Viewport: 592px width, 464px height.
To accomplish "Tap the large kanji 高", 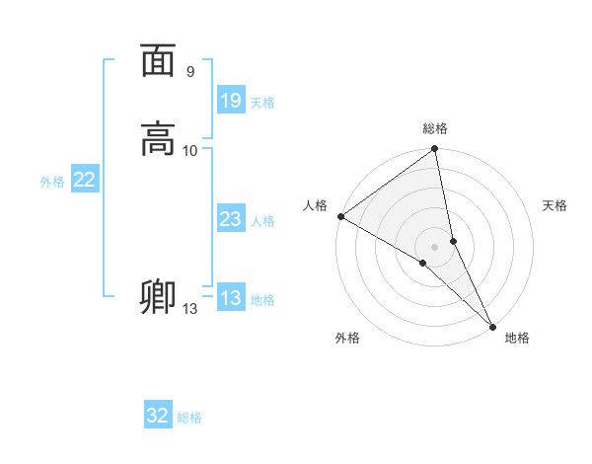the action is pyautogui.click(x=158, y=139).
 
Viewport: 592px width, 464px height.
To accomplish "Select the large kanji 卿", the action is pyautogui.click(x=158, y=296).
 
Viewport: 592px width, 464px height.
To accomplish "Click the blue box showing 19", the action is pyautogui.click(x=231, y=100).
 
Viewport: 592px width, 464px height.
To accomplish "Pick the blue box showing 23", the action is pyautogui.click(x=231, y=220).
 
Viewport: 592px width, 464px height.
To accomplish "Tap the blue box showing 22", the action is pyautogui.click(x=85, y=180).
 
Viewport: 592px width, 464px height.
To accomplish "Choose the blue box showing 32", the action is pyautogui.click(x=158, y=416).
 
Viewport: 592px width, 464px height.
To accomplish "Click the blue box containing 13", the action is pyautogui.click(x=231, y=298).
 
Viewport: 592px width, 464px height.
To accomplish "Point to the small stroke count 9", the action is pyautogui.click(x=190, y=72).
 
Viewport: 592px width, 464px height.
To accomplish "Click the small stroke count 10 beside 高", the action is pyautogui.click(x=190, y=150).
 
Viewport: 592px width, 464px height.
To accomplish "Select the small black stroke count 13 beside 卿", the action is pyautogui.click(x=189, y=309).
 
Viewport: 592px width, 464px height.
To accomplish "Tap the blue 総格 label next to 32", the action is pyautogui.click(x=189, y=418).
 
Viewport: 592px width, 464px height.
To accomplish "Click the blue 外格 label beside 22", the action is pyautogui.click(x=52, y=182).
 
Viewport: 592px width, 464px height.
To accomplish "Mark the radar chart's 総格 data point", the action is pyautogui.click(x=435, y=150).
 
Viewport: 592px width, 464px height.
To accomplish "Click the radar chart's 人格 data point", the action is pyautogui.click(x=340, y=216).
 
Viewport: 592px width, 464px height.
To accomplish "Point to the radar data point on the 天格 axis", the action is pyautogui.click(x=453, y=240).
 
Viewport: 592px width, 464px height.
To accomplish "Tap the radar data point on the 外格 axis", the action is pyautogui.click(x=423, y=263).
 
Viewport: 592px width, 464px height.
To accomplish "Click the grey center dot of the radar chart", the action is pyautogui.click(x=435, y=246).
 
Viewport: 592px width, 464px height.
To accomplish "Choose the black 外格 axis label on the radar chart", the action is pyautogui.click(x=347, y=338).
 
